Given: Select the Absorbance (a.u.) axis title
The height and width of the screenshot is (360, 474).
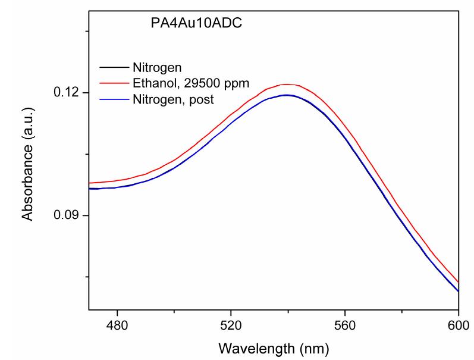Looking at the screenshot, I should pos(27,155).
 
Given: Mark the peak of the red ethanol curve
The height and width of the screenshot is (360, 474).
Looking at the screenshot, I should pos(287,84).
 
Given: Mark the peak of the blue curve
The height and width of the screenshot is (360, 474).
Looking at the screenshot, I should pos(287,95).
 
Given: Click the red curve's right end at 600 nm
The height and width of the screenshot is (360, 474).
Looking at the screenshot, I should pos(458,282).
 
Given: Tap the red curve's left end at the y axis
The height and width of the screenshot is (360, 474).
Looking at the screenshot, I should pos(90,183).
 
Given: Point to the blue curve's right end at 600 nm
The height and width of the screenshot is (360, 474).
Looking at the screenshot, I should pos(458,291).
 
